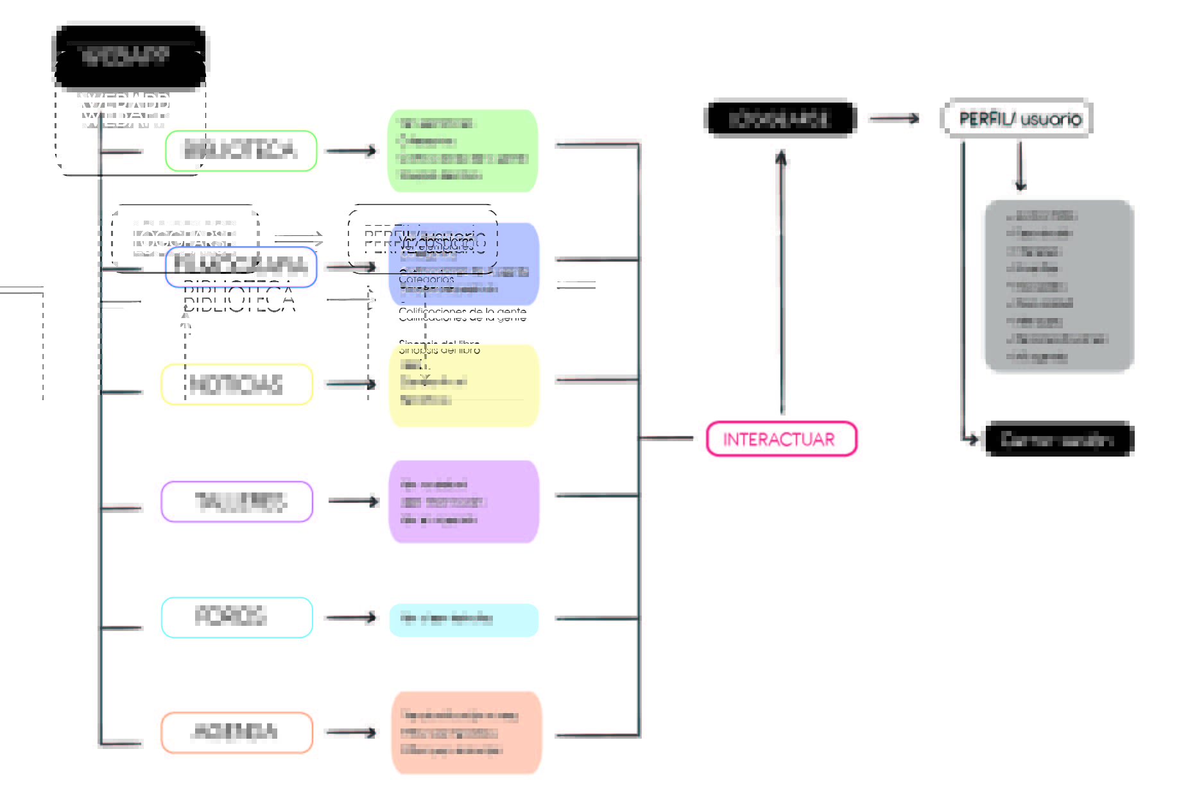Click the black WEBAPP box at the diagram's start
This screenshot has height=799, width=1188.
pyautogui.click(x=129, y=56)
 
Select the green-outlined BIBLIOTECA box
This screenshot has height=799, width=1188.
pyautogui.click(x=241, y=151)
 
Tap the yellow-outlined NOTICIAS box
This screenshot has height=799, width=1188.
pyautogui.click(x=237, y=384)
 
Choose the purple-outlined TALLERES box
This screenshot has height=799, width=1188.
pyautogui.click(x=237, y=501)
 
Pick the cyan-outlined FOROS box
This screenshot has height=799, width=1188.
pyautogui.click(x=237, y=617)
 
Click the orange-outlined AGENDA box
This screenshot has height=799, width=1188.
pyautogui.click(x=237, y=732)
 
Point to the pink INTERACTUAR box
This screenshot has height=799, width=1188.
pyautogui.click(x=781, y=439)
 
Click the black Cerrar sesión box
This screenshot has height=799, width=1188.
pyautogui.click(x=1059, y=439)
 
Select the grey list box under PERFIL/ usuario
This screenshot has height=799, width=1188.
pyautogui.click(x=1059, y=285)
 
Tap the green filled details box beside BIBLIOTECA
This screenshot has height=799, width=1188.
pyautogui.click(x=462, y=151)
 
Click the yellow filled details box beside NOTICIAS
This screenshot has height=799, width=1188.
pyautogui.click(x=463, y=385)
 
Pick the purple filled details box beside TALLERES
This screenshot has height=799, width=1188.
pyautogui.click(x=463, y=501)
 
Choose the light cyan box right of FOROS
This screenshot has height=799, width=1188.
pyautogui.click(x=463, y=619)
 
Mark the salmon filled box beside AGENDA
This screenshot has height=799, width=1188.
pyautogui.click(x=466, y=732)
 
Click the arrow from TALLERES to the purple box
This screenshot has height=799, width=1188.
pyautogui.click(x=353, y=501)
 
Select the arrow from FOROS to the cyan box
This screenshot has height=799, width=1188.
pyautogui.click(x=351, y=618)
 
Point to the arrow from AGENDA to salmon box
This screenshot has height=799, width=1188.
pyautogui.click(x=351, y=732)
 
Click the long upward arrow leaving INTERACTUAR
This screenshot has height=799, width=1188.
pyautogui.click(x=781, y=282)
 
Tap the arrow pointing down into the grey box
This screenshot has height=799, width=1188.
pyautogui.click(x=1020, y=167)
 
